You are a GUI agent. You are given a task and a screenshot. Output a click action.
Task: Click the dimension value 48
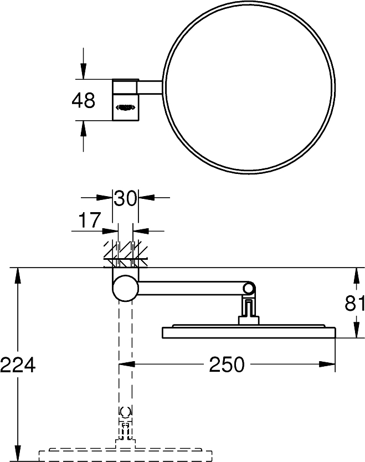pyautogui.click(x=84, y=101)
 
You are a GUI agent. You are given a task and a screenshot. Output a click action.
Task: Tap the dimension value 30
pyautogui.click(x=125, y=198)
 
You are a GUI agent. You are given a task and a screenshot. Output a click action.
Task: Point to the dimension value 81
pyautogui.click(x=354, y=304)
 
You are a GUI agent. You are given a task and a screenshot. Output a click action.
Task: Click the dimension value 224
pyautogui.click(x=18, y=365)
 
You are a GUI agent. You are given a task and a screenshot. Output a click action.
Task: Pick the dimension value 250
pyautogui.click(x=227, y=365)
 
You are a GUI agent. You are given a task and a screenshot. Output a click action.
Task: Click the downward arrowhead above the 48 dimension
pyautogui.click(x=84, y=73)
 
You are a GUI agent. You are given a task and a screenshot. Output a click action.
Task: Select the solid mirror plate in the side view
pyautogui.click(x=249, y=332)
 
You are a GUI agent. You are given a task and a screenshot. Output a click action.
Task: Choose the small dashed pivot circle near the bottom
pyautogui.click(x=126, y=412)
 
